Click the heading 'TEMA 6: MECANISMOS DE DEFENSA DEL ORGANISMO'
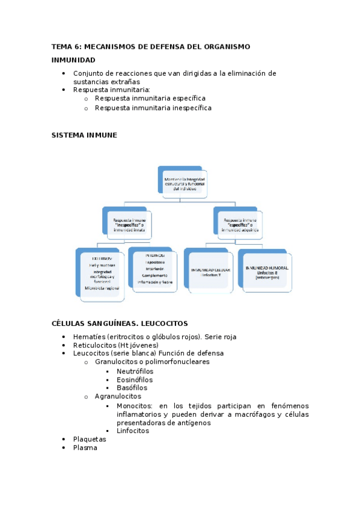[x=150, y=46]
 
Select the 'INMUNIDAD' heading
[x=73, y=60]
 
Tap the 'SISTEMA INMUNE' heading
[x=84, y=135]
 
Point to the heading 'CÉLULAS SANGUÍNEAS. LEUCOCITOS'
[x=120, y=323]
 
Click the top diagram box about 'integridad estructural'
[x=185, y=183]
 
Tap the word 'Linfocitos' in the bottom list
[x=133, y=431]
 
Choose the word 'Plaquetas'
[x=90, y=439]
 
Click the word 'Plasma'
[x=85, y=447]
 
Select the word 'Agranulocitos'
[x=118, y=396]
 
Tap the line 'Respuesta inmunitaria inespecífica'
[x=153, y=108]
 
